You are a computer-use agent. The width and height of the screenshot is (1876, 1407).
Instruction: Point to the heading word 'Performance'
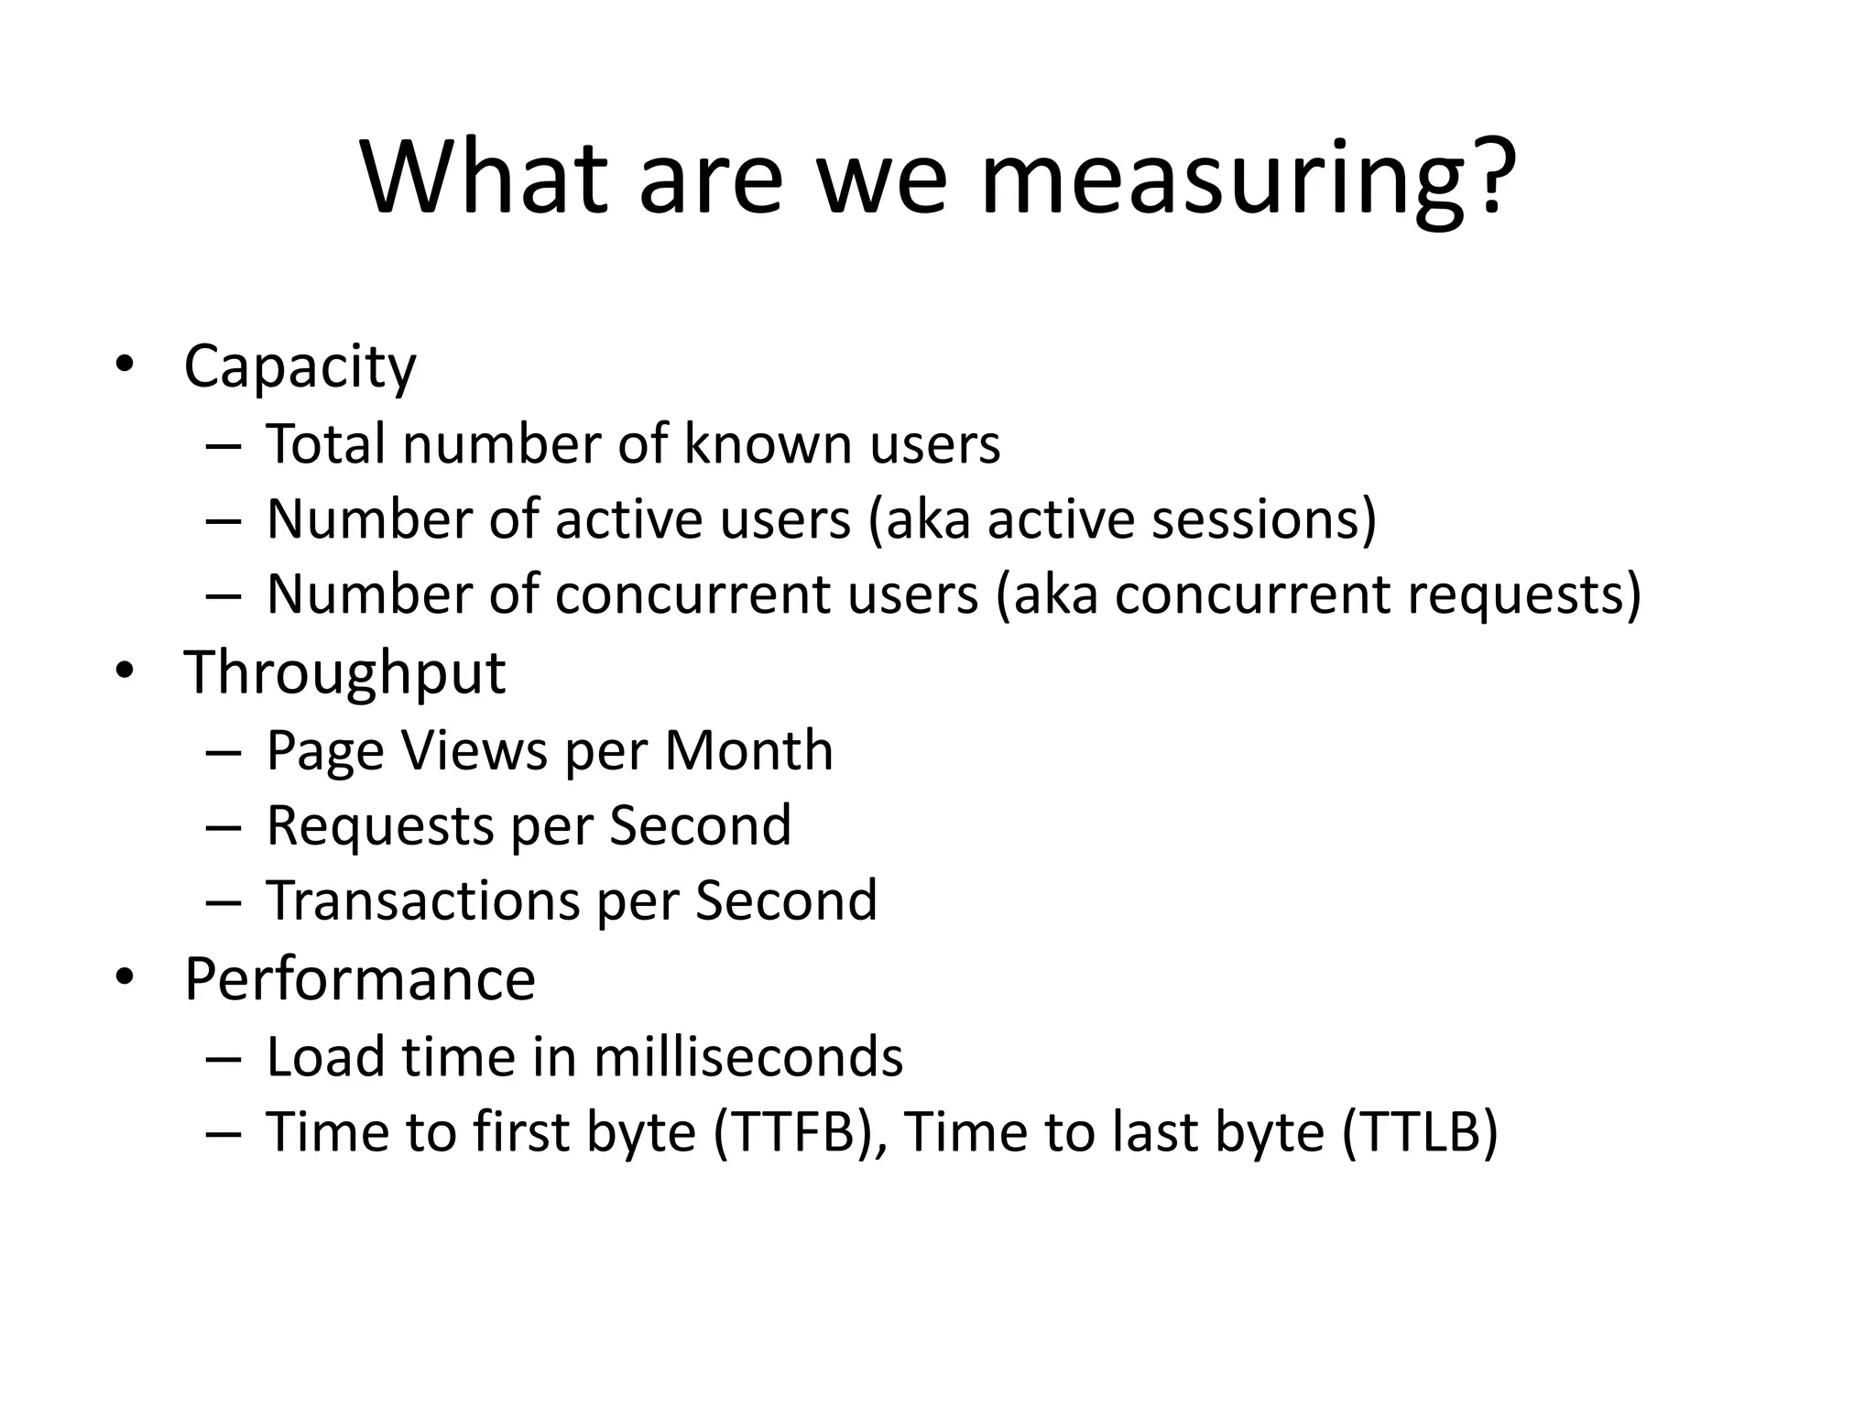[359, 979]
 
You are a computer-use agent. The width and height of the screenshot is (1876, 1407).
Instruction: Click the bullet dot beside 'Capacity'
[125, 365]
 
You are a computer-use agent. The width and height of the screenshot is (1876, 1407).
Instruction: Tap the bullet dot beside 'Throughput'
[125, 671]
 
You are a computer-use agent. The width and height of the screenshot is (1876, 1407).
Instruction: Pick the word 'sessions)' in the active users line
[1263, 519]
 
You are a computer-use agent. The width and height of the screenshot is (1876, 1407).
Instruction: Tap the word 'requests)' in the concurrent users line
[1523, 594]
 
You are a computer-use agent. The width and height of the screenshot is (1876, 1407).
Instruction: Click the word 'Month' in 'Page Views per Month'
[748, 751]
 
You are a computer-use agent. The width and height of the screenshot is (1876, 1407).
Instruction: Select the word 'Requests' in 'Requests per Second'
[380, 826]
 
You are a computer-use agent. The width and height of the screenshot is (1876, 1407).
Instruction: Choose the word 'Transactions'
[423, 900]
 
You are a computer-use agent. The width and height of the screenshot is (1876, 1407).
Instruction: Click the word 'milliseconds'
[747, 1057]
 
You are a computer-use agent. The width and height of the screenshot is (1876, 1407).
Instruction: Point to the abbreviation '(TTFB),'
[800, 1132]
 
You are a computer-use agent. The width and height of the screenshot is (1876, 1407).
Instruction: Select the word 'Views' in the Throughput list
[474, 751]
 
